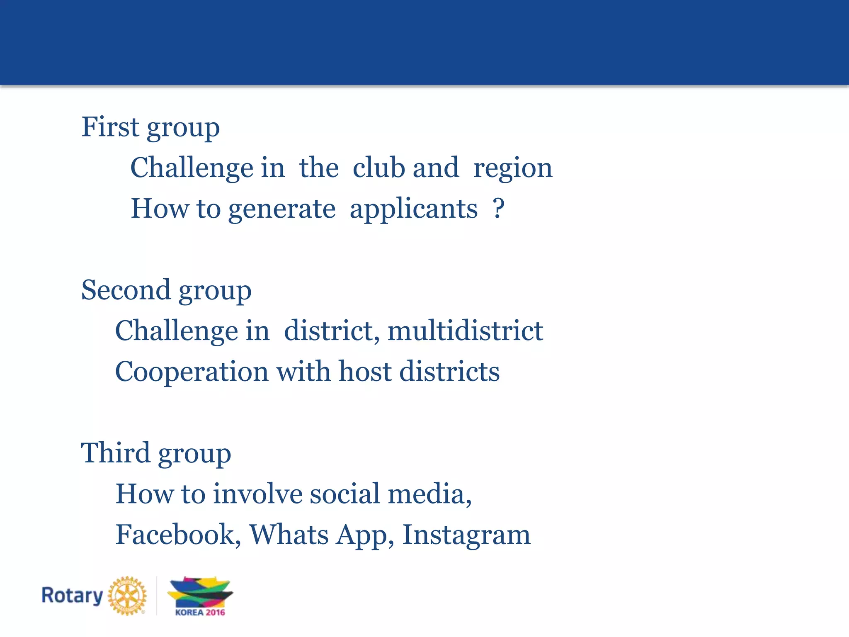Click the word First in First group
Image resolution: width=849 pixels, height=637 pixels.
pos(110,127)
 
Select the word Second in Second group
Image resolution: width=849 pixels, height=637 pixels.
pos(126,290)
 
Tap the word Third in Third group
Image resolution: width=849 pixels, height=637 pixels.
pos(115,453)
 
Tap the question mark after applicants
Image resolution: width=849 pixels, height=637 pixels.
pos(499,208)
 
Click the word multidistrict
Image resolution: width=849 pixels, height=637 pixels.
pos(465,331)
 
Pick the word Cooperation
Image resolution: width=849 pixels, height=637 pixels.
pos(192,372)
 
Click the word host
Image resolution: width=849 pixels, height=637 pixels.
pos(365,371)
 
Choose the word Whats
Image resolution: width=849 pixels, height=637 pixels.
pos(289,535)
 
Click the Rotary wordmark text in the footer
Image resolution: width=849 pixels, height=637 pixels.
pos(72,596)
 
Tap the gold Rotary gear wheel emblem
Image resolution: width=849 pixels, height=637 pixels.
pos(127,596)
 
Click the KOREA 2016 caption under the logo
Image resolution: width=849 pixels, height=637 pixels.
pos(200,613)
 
